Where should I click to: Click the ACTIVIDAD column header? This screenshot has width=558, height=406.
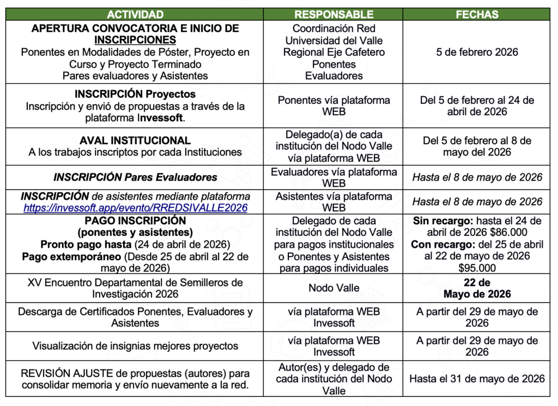(135, 15)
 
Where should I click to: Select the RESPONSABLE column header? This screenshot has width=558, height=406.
(334, 15)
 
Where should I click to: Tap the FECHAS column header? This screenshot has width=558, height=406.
(477, 15)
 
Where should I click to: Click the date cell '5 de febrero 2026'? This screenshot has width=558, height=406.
(477, 52)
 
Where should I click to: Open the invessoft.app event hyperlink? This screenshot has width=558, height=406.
(135, 207)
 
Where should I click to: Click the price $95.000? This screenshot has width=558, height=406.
(477, 268)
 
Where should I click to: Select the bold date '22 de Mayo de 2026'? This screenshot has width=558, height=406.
(477, 289)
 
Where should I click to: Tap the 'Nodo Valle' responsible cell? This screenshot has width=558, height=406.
(334, 288)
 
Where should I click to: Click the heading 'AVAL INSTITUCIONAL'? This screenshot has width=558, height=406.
(135, 140)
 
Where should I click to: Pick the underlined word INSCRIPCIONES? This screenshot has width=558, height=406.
(135, 40)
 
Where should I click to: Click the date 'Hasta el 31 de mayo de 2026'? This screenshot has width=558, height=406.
(477, 379)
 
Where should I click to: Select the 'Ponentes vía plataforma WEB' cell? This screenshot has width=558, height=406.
(334, 106)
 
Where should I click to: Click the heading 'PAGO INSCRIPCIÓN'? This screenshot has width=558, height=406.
(135, 220)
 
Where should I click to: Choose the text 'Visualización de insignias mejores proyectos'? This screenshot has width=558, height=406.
(135, 346)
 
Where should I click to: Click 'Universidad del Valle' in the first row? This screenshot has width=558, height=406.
(334, 40)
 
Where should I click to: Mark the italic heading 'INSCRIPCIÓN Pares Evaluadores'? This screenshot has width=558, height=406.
(135, 177)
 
